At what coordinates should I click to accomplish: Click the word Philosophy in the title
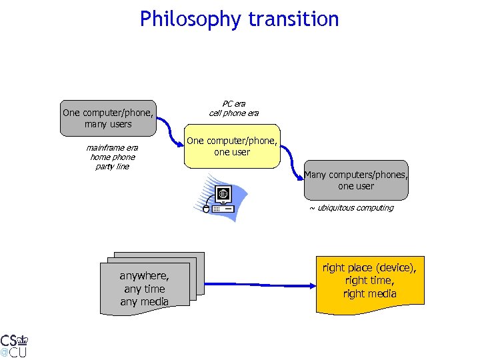coord(191,19)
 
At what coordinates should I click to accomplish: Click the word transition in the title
coord(293,19)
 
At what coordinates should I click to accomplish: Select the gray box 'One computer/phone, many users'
coord(107,118)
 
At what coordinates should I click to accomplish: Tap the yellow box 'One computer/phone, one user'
coord(231,147)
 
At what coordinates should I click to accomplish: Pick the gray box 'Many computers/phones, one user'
coord(355,181)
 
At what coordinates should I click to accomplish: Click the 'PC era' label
coord(233,103)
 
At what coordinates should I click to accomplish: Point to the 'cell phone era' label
coord(233,113)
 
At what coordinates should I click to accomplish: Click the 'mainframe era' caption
coord(112,147)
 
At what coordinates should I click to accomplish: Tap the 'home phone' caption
coord(112,157)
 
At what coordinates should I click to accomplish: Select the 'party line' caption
coord(112,166)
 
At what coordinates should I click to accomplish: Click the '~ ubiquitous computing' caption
coord(351,207)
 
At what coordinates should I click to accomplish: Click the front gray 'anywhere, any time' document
coord(144,289)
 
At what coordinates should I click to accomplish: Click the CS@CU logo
coord(14,344)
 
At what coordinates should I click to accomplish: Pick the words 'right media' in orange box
coord(369,294)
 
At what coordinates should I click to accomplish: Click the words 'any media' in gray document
coord(144,301)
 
